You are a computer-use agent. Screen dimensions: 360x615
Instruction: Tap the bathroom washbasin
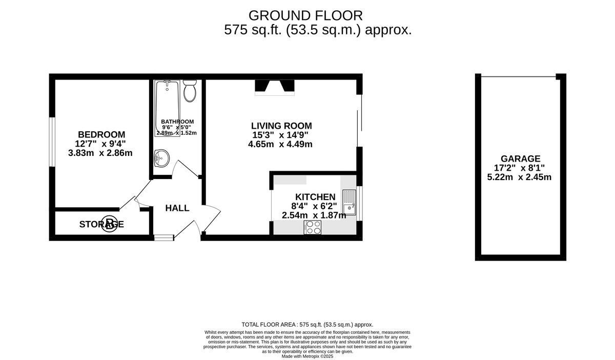161,158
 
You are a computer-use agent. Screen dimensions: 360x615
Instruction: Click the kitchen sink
350,202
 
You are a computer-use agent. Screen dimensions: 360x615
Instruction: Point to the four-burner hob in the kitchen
313,227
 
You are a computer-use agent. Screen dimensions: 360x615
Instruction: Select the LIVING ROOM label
281,126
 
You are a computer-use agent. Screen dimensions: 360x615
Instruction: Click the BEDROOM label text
101,134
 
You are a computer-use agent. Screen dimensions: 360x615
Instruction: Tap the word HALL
177,208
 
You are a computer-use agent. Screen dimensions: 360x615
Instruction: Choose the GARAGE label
521,159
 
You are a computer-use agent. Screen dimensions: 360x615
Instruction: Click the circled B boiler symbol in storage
109,224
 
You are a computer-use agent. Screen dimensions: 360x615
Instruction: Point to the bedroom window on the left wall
52,142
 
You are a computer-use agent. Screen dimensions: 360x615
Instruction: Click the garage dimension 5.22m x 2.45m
519,177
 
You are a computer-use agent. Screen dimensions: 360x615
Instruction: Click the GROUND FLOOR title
305,15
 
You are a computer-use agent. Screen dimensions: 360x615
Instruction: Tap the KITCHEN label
315,197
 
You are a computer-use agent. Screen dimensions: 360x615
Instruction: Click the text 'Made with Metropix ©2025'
307,356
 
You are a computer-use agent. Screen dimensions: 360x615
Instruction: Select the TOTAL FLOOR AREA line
307,325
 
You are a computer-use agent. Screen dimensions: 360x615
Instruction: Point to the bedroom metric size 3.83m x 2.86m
100,153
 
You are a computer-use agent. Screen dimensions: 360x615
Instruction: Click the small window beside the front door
164,237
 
